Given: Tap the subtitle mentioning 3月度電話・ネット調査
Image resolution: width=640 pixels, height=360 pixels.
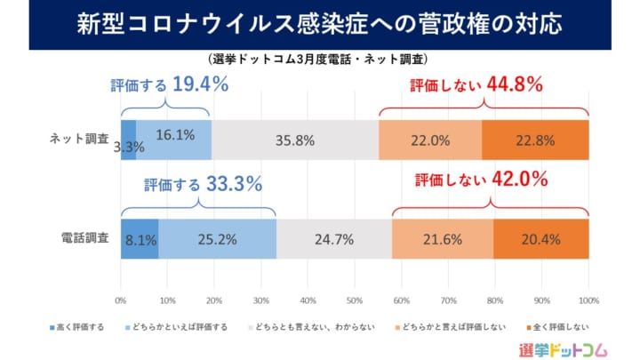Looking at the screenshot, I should pos(320,60).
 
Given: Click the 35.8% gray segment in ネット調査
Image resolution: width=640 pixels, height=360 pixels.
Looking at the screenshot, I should pos(295,140).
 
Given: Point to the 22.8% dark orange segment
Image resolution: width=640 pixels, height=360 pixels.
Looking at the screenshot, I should pos(535,140).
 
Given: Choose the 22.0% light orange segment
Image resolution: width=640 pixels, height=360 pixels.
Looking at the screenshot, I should pos(429,140).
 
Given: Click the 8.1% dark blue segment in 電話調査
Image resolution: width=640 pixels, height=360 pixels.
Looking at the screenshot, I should pos(140,238).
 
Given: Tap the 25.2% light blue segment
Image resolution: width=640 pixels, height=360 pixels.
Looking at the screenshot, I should pos(218,238).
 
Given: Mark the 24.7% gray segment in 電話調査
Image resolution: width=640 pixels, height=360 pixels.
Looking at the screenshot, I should pos(334,238).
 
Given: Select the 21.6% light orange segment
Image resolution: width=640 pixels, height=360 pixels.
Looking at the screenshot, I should pos(443,238).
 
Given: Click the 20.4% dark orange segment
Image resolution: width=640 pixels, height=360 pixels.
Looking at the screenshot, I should pos(540,238).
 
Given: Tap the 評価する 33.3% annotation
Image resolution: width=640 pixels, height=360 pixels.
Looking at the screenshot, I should pos(203,185).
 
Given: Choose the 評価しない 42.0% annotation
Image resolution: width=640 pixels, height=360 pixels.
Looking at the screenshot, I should pos(480,180).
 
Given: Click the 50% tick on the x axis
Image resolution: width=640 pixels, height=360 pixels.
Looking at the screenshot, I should pos(355,299).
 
